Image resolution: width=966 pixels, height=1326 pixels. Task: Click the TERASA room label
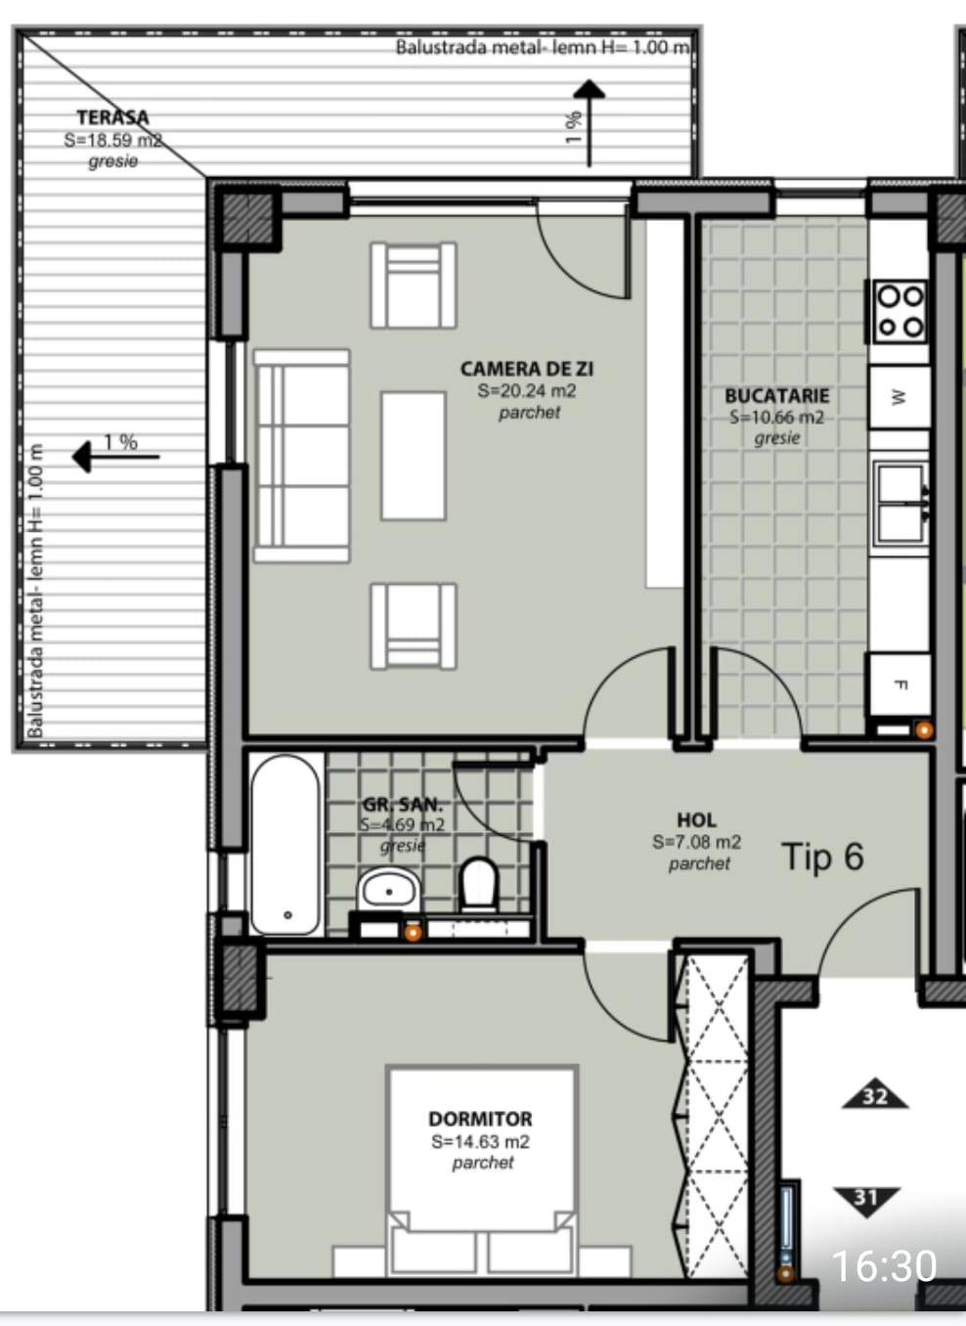click(112, 117)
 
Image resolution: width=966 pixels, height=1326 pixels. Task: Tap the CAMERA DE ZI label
click(527, 369)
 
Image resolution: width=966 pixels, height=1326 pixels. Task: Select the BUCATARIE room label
click(776, 395)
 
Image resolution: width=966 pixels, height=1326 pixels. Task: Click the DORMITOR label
click(481, 1119)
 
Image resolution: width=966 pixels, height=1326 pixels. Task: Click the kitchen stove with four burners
click(900, 312)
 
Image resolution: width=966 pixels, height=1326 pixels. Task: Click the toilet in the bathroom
click(478, 886)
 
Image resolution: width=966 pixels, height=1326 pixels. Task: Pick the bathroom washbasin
click(389, 890)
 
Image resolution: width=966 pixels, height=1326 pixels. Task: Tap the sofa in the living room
click(302, 456)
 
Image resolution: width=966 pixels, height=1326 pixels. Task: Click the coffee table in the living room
click(414, 456)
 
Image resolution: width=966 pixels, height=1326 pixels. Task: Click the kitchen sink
click(900, 505)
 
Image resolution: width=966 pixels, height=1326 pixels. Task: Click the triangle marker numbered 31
click(866, 1201)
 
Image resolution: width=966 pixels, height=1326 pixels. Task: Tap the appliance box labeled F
click(899, 685)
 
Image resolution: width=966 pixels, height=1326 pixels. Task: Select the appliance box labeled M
click(899, 397)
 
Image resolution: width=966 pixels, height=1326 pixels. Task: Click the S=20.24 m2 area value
click(527, 391)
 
